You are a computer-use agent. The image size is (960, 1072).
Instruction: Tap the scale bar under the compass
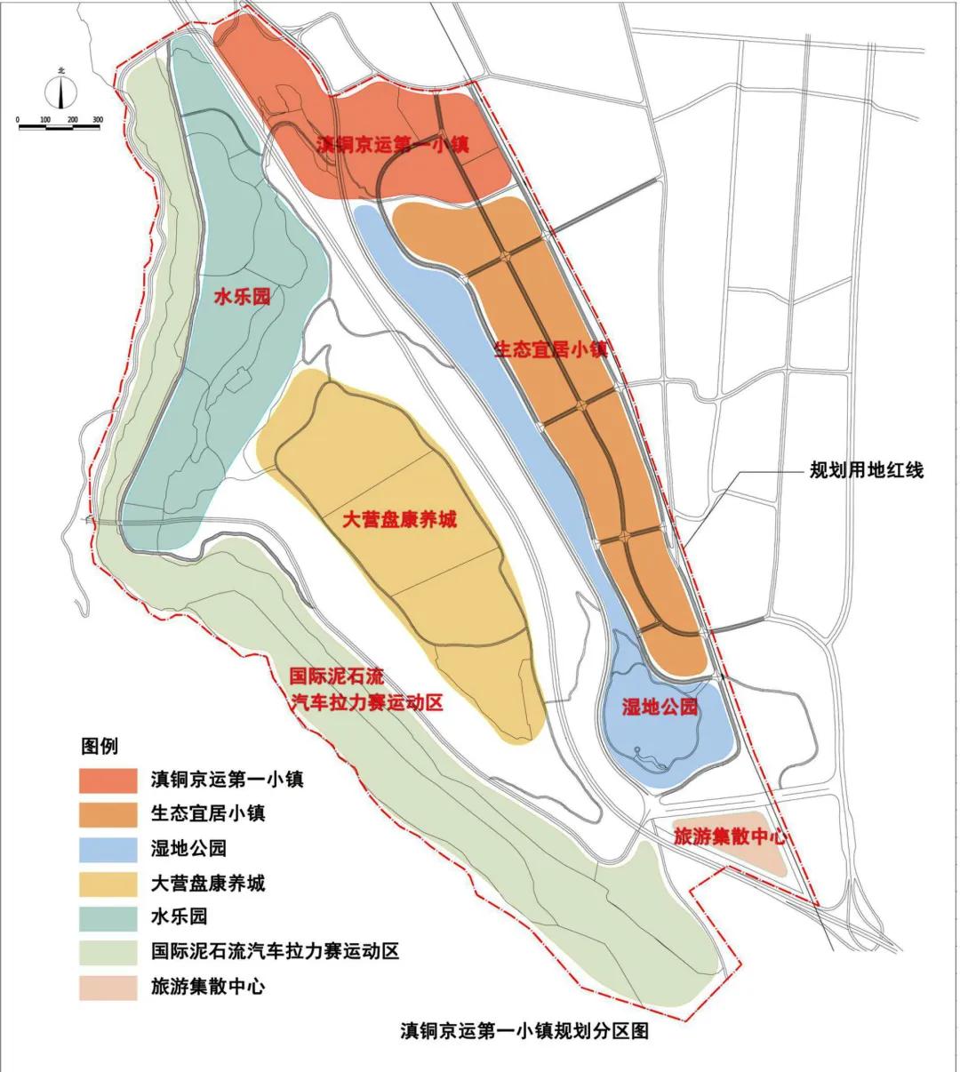[x=60, y=126]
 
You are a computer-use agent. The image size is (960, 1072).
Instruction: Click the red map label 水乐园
[x=242, y=297]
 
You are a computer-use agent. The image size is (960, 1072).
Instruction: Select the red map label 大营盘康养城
[x=399, y=520]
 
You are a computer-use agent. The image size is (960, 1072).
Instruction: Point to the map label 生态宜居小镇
[x=550, y=349]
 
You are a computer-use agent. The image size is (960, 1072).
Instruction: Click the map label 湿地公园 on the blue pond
[x=659, y=708]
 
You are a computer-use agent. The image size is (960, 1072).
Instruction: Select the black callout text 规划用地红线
[x=866, y=470]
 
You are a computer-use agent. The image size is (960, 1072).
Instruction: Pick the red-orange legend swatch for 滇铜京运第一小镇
[x=108, y=780]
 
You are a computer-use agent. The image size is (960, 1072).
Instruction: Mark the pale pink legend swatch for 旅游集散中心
[x=108, y=987]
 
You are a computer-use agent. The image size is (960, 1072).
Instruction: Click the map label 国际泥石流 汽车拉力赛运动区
[x=367, y=690]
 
